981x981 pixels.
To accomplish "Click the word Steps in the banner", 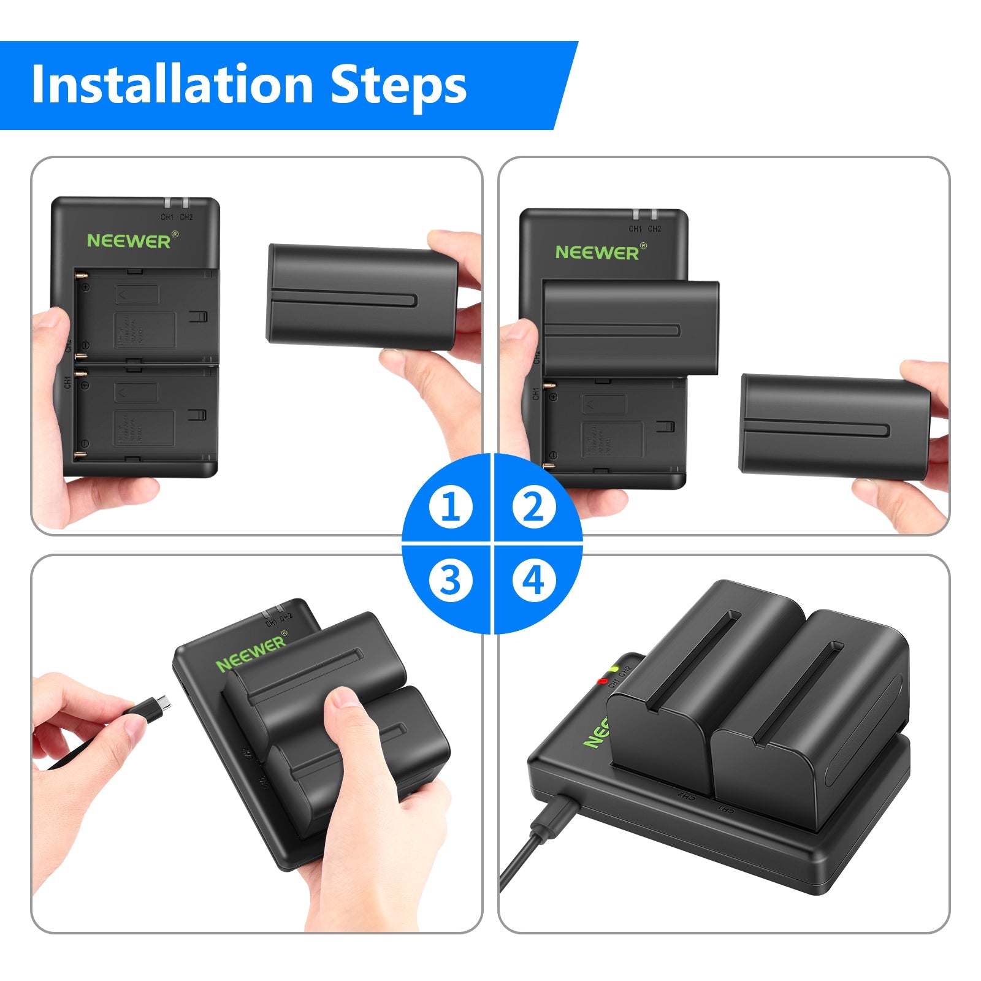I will [x=399, y=86].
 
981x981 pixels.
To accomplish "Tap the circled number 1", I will [x=451, y=507].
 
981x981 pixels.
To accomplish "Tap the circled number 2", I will [x=533, y=507].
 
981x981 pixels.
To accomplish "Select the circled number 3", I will [x=451, y=579].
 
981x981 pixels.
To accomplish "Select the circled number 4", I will [x=533, y=579].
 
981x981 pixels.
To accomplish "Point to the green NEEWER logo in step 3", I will [x=250, y=654].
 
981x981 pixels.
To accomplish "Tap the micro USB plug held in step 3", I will [x=161, y=704].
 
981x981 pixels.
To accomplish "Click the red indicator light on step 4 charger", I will [x=603, y=681].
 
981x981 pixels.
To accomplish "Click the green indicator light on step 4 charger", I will [x=614, y=668].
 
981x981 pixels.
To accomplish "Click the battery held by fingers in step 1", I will [x=362, y=297].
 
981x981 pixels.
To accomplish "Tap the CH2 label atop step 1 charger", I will [x=186, y=217].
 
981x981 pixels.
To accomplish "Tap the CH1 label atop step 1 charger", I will [x=167, y=217].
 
